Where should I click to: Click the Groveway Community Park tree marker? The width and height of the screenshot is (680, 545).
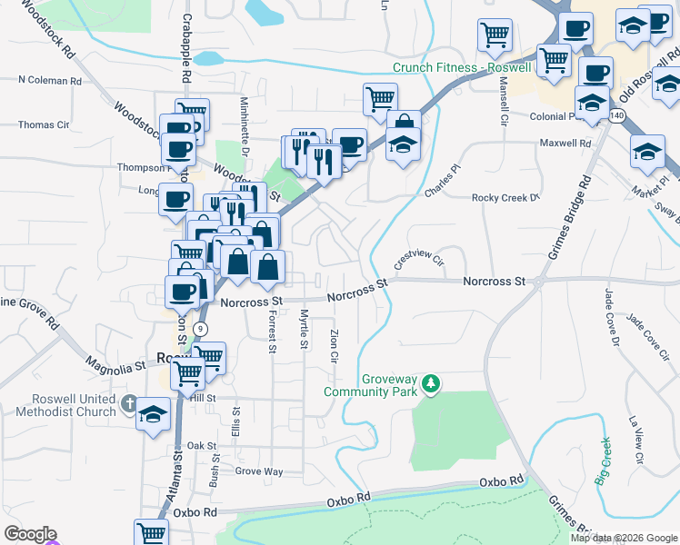click(x=431, y=385)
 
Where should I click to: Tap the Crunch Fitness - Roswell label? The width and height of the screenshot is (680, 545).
click(x=449, y=68)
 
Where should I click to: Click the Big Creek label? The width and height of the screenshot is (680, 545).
click(x=603, y=461)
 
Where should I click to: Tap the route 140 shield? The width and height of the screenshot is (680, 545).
click(x=618, y=115)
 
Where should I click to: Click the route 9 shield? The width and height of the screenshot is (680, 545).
click(x=200, y=328)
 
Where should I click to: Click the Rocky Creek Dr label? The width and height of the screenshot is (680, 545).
click(x=505, y=197)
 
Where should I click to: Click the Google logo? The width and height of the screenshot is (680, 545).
click(x=30, y=534)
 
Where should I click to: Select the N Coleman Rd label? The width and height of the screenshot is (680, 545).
click(x=50, y=80)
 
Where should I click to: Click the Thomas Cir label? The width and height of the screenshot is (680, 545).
click(x=44, y=124)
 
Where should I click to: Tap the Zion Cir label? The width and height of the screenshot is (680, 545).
click(x=335, y=344)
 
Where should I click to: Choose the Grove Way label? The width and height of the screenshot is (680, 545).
click(x=259, y=471)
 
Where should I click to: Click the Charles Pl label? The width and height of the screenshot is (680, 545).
click(x=444, y=181)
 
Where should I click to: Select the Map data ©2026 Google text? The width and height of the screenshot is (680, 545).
click(x=624, y=538)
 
